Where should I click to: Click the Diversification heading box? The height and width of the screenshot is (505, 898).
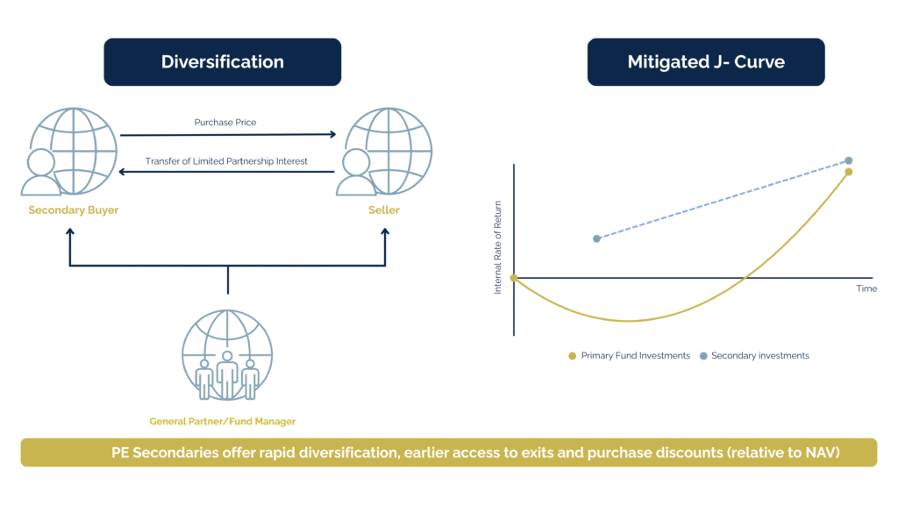point(222,62)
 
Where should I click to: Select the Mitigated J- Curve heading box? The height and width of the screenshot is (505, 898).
point(705,62)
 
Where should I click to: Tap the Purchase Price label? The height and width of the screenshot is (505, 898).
point(225,123)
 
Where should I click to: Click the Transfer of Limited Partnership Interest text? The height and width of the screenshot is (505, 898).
point(226,161)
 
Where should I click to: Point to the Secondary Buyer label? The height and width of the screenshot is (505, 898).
point(73,210)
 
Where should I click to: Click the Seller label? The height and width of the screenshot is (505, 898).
point(383,210)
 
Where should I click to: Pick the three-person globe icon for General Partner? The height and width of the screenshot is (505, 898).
point(227,356)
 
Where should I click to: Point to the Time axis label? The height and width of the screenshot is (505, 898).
point(866,288)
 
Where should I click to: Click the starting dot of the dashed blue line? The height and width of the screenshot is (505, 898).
point(597,238)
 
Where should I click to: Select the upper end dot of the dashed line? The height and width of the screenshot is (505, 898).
point(849,160)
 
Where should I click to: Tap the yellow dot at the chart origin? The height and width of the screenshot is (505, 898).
point(514,278)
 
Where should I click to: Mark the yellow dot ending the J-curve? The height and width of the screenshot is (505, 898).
point(849,172)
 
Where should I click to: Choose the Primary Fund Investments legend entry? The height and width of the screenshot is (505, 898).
point(630,356)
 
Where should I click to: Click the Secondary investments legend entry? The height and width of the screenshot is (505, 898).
point(753,356)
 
